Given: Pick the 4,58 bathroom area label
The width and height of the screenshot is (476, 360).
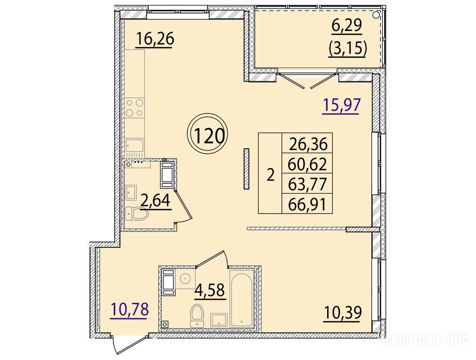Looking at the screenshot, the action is click(210, 290).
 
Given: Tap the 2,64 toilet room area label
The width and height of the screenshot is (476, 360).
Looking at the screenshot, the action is click(156, 201).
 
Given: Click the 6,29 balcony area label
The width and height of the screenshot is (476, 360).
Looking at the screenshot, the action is click(347, 25).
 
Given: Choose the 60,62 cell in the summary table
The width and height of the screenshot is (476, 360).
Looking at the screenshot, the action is click(307, 165).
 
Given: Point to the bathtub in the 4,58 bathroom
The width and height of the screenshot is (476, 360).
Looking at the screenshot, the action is click(241, 299).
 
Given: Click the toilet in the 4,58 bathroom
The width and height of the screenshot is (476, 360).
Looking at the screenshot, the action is click(197, 316).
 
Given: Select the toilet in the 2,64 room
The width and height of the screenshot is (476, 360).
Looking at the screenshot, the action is click(137, 213).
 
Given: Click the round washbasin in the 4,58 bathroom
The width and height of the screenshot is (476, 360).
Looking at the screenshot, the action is click(185, 278).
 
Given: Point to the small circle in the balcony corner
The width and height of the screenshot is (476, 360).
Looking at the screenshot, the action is click(376, 14).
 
